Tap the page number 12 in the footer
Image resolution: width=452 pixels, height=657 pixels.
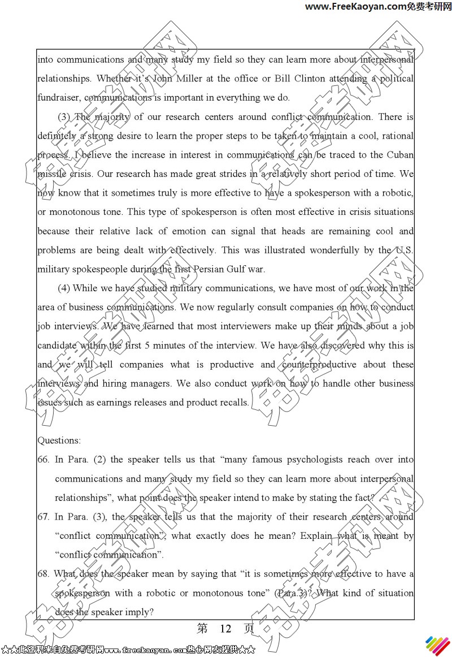(x=225, y=629)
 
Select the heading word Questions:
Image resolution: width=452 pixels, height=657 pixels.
(x=59, y=440)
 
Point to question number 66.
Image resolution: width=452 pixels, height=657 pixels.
(x=44, y=459)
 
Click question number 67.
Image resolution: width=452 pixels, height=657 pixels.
(x=44, y=516)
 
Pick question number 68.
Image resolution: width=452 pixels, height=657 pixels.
(x=44, y=573)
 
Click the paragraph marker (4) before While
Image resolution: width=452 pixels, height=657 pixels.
(x=64, y=288)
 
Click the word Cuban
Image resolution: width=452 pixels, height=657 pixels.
(x=400, y=154)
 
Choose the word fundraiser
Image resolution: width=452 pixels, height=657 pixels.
(x=59, y=97)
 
